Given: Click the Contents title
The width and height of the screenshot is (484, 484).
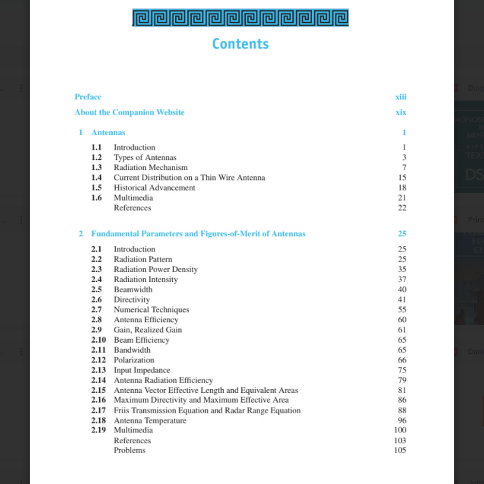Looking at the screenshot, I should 241,44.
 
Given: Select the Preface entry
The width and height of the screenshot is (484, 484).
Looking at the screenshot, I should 88,97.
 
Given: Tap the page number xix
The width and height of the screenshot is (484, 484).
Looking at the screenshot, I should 401,112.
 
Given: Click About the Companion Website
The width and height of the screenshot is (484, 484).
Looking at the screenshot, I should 129,112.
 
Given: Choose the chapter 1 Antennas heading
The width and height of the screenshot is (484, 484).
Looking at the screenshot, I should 108,133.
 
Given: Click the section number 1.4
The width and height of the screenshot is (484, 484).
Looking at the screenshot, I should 96,178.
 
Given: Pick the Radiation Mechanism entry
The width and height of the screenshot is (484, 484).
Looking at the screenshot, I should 151,167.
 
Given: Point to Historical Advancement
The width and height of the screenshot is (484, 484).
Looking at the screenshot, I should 154,188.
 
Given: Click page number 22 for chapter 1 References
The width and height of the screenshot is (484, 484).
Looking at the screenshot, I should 402,208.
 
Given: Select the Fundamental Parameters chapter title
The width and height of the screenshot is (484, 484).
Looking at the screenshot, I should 198,234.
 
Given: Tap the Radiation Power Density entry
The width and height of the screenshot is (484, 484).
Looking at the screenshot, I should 155,270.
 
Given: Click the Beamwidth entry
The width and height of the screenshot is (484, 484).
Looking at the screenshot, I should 133,289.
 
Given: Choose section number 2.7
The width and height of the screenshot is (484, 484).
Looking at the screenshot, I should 96,310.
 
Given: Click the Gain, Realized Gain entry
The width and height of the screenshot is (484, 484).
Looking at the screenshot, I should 148,330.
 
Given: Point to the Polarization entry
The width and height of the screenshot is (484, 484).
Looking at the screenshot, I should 134,360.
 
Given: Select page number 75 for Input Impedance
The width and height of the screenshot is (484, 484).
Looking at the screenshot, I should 402,370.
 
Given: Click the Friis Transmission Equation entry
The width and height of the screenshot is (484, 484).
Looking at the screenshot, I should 207,410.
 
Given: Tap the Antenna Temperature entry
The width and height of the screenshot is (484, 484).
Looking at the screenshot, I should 150,421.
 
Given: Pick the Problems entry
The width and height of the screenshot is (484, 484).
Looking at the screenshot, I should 130,451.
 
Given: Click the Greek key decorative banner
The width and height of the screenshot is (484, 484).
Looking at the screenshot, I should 241,18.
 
